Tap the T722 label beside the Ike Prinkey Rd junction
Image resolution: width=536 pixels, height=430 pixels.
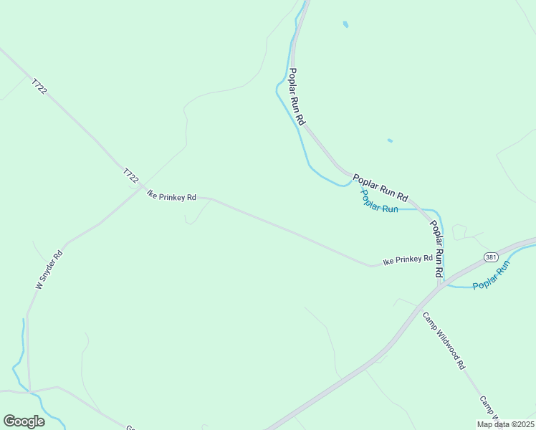click(130, 176)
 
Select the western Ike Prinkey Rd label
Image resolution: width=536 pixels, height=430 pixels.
click(171, 195)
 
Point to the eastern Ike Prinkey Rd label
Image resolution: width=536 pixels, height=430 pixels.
click(408, 259)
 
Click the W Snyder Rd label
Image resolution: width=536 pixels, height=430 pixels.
click(49, 269)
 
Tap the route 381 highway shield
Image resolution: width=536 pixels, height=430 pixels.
click(490, 257)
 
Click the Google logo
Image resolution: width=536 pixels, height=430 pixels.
click(24, 421)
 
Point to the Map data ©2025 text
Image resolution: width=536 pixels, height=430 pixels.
click(504, 424)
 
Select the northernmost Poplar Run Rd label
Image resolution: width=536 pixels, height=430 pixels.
click(297, 94)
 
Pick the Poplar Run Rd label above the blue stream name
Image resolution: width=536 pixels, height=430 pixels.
click(380, 186)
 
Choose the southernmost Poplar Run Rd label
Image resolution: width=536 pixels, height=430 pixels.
click(436, 249)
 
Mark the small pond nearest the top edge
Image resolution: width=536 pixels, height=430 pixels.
click(345, 24)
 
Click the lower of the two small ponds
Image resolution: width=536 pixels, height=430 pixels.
click(390, 140)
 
